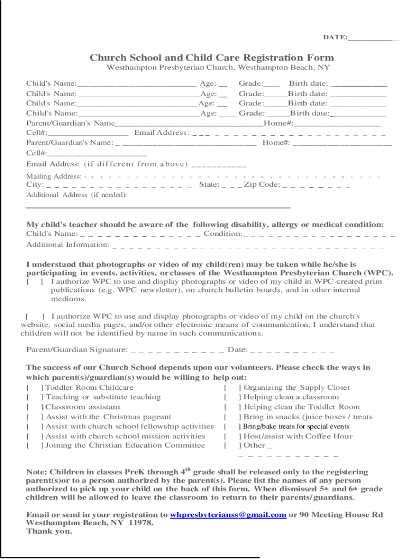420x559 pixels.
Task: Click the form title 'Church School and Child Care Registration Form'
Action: coord(212,58)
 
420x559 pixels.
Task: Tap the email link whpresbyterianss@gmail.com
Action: coord(228,515)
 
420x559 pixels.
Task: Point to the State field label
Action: coord(209,185)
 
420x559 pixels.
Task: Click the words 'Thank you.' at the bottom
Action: coord(49,531)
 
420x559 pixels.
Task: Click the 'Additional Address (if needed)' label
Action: coord(76,195)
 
